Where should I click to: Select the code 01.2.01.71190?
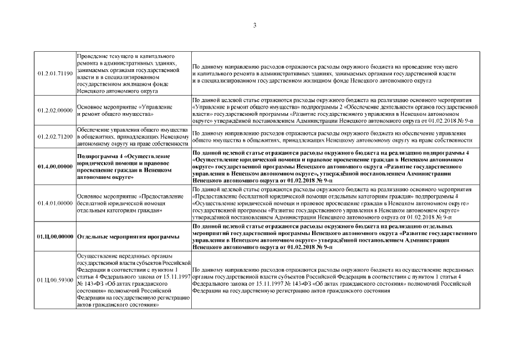tap(55, 74)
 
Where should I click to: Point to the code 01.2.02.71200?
tap(55, 136)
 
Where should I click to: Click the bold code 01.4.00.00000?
tap(55, 166)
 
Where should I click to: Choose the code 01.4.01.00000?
tap(55, 203)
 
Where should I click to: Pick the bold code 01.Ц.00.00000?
tap(55, 236)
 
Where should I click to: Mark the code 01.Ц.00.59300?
tap(55, 279)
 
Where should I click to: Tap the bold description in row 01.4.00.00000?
tap(332, 166)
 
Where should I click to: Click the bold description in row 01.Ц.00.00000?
tap(332, 236)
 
